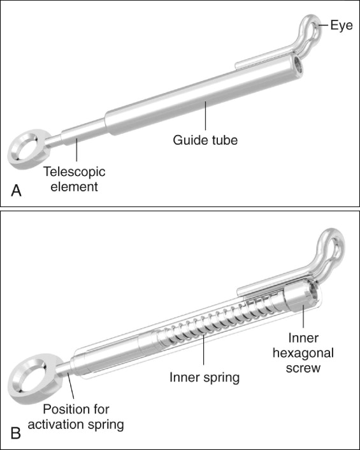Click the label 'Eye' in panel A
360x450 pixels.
pyautogui.click(x=342, y=25)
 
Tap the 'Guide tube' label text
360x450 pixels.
pyautogui.click(x=205, y=140)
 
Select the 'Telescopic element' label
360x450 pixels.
pyautogui.click(x=75, y=179)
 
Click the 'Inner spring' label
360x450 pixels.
pyautogui.click(x=205, y=377)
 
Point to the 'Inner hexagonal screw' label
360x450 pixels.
pyautogui.click(x=303, y=352)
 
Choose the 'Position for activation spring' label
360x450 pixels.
pyautogui.click(x=76, y=417)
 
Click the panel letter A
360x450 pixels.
pyautogui.click(x=17, y=191)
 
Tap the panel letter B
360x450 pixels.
pyautogui.click(x=16, y=433)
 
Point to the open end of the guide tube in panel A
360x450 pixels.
pyautogui.click(x=298, y=66)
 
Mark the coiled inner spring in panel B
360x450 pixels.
pyautogui.click(x=218, y=321)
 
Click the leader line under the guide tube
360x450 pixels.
pyautogui.click(x=205, y=116)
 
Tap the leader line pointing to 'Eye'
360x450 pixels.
pyautogui.click(x=322, y=25)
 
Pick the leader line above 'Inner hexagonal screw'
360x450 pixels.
pyautogui.click(x=303, y=316)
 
